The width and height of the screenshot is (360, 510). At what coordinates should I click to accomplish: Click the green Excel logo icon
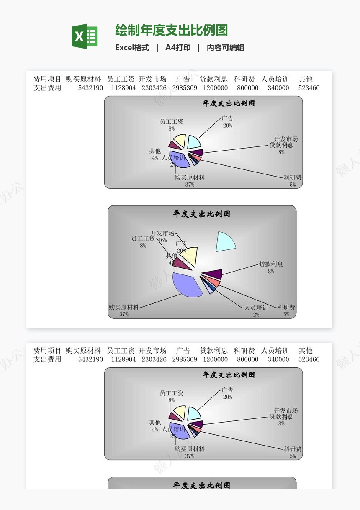[x=85, y=36]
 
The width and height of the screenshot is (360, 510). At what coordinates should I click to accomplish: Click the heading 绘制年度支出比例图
[x=171, y=30]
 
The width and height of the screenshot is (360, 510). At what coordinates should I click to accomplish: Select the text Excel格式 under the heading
[x=132, y=48]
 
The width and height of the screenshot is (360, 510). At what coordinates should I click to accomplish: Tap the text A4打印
[x=178, y=48]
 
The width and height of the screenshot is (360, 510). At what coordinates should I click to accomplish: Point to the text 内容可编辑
[x=225, y=48]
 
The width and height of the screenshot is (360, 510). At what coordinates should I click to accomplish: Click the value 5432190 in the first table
[x=90, y=88]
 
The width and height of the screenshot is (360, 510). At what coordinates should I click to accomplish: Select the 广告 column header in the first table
[x=183, y=79]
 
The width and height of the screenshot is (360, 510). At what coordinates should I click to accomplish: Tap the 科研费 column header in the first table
[x=244, y=79]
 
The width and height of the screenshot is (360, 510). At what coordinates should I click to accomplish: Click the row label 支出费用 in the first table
[x=47, y=88]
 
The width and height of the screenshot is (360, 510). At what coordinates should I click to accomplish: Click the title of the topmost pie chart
[x=229, y=103]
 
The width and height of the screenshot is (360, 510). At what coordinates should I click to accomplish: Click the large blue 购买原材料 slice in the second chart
[x=187, y=284]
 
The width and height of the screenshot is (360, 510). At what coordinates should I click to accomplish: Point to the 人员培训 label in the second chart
[x=256, y=308]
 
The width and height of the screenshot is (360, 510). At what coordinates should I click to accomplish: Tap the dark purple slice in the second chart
[x=213, y=274]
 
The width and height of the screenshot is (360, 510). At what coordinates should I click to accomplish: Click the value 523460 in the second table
[x=309, y=359]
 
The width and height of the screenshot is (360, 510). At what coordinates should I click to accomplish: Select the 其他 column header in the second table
[x=306, y=351]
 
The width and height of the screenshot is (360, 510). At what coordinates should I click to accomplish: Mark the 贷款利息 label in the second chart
[x=271, y=264]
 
